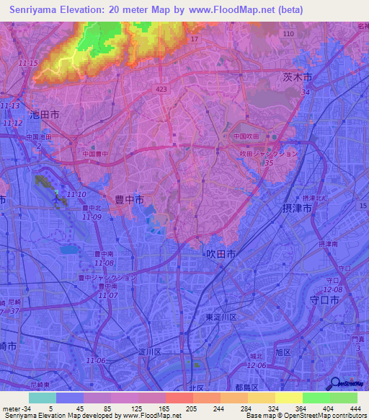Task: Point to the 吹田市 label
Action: pyautogui.click(x=221, y=255)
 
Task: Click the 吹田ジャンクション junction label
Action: pyautogui.click(x=268, y=153)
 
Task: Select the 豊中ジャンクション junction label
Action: pyautogui.click(x=107, y=277)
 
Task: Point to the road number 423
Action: pyautogui.click(x=161, y=87)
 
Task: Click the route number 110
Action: pyautogui.click(x=288, y=34)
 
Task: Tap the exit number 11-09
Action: pyautogui.click(x=91, y=216)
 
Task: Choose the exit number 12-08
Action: pyautogui.click(x=342, y=289)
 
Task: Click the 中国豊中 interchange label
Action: pyautogui.click(x=94, y=154)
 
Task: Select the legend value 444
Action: pyautogui.click(x=354, y=408)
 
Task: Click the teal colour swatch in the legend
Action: pyautogui.click(x=42, y=398)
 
